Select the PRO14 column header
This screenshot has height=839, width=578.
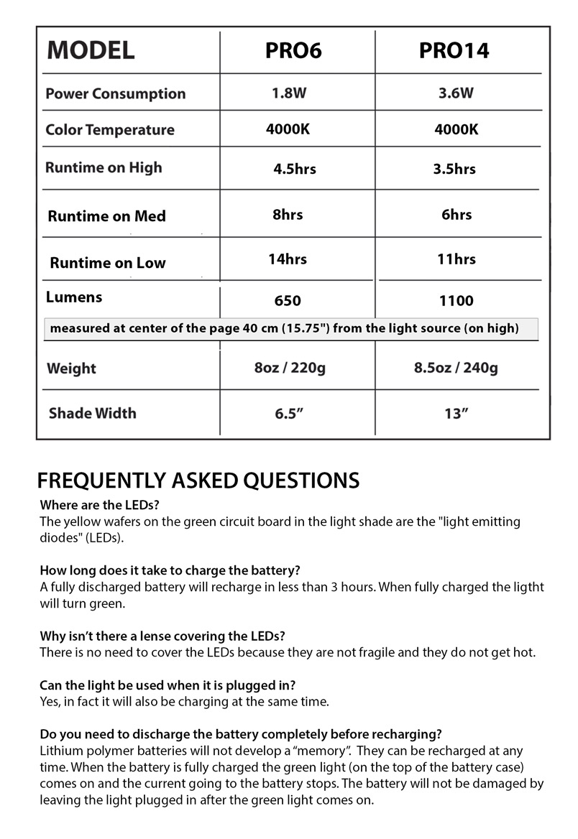coord(454,51)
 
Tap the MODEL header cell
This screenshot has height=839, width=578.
coord(91,51)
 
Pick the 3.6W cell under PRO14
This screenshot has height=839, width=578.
coord(456,93)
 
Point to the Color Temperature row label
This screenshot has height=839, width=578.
coord(110,130)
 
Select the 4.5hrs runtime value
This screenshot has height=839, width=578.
coord(295,170)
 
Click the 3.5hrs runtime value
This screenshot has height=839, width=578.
coord(454,170)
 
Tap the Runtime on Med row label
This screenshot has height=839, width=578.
coord(107,216)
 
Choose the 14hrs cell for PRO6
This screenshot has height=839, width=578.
coord(288,259)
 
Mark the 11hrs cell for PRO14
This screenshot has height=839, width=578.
coord(456,259)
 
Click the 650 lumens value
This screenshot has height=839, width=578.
coord(288,301)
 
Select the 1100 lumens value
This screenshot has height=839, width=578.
coord(456,301)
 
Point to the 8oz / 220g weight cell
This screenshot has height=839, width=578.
coord(290,368)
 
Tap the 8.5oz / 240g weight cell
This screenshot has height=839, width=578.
coord(456,368)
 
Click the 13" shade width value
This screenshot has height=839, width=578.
coord(456,413)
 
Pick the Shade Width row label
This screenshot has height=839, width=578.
coord(92,413)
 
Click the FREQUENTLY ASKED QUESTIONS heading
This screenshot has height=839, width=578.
coord(198,480)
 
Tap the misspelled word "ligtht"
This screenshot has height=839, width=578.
coord(526,588)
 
